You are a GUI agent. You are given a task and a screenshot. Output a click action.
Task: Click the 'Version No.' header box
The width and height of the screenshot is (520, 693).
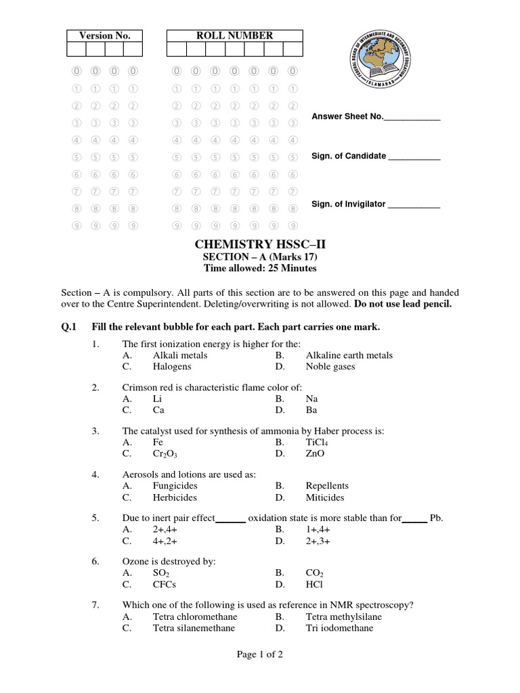click(x=104, y=36)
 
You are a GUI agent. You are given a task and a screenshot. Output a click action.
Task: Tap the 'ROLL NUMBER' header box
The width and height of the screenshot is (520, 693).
click(x=234, y=36)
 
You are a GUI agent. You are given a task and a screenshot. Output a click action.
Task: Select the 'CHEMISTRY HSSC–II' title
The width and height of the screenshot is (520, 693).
click(x=260, y=244)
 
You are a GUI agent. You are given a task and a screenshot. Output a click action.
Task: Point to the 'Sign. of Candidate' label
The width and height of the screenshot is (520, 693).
click(x=349, y=156)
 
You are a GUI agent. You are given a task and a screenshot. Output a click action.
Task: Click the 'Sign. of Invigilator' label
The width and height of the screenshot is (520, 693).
click(x=348, y=204)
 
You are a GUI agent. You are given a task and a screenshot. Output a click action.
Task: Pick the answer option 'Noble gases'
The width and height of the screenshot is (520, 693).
click(x=330, y=367)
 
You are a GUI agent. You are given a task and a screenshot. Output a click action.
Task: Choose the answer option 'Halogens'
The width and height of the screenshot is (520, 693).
click(x=172, y=367)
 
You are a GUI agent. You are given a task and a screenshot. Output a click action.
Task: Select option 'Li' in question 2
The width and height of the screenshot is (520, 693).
click(x=157, y=399)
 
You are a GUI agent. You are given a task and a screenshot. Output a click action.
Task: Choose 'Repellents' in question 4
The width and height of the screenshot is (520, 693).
click(x=327, y=485)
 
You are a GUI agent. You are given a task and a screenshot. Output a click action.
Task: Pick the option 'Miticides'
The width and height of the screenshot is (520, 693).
click(x=325, y=497)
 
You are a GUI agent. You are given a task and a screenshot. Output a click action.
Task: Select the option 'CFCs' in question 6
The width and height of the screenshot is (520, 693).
click(x=165, y=584)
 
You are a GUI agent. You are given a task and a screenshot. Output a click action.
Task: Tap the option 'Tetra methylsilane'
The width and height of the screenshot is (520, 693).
click(x=343, y=617)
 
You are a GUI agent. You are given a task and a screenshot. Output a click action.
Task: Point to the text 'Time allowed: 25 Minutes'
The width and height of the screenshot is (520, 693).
click(x=260, y=268)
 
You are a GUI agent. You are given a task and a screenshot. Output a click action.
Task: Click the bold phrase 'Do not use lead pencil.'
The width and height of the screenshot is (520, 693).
click(x=402, y=304)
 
